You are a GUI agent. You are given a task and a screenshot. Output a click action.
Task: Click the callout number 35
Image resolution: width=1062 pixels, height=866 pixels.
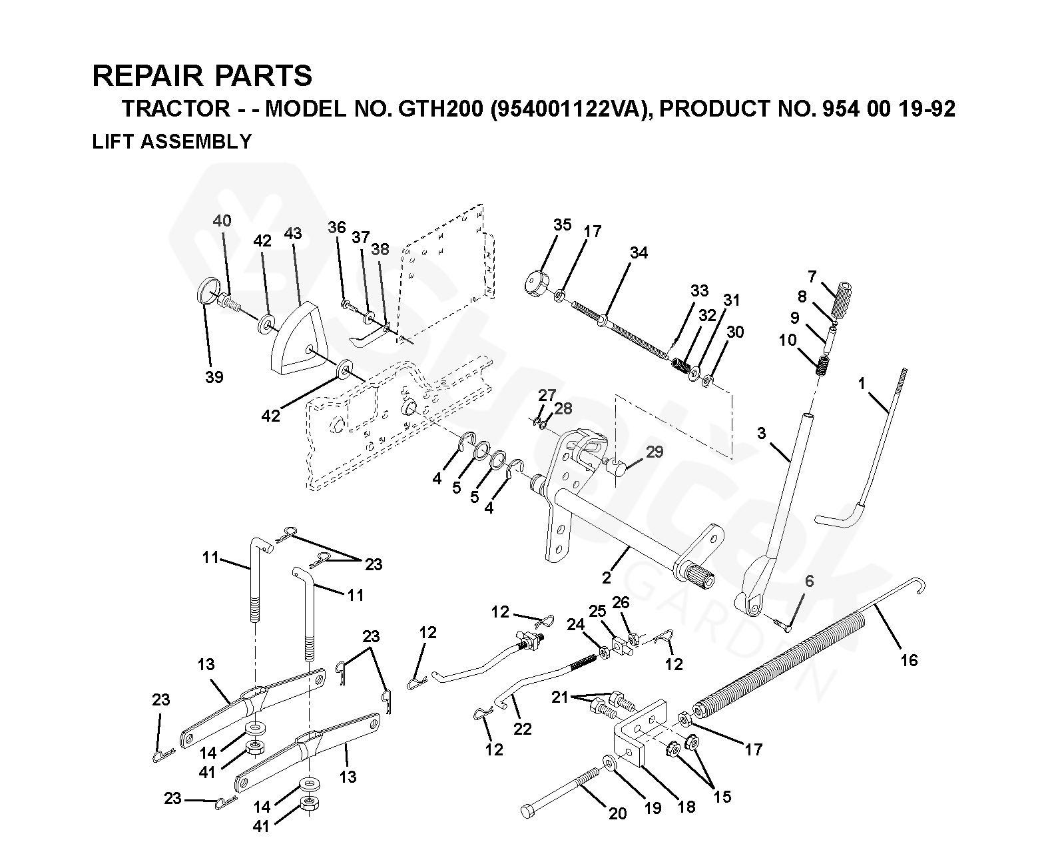coord(562,224)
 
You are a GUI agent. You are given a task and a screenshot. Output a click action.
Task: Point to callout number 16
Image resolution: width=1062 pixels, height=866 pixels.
coord(908,660)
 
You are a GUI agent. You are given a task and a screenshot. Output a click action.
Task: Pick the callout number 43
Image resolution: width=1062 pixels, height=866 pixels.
coord(292,233)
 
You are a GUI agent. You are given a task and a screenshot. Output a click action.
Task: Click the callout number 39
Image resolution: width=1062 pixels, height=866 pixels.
coord(214,377)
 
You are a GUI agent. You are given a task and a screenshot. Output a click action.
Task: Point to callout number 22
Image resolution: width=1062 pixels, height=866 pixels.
coord(523,729)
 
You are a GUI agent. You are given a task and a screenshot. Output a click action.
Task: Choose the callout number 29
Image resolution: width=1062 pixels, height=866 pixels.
coord(655,452)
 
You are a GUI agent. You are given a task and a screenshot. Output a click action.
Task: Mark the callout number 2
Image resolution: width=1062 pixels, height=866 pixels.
coord(606,578)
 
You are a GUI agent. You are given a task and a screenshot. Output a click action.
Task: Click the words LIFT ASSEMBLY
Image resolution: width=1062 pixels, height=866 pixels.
coord(172,142)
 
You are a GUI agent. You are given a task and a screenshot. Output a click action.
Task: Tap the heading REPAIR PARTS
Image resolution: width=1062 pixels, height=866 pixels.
coord(202,76)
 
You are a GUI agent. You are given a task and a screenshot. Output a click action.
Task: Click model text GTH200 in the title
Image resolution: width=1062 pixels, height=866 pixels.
coord(439,109)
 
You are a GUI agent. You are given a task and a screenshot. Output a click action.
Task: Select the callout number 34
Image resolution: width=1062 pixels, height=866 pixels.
coord(639,252)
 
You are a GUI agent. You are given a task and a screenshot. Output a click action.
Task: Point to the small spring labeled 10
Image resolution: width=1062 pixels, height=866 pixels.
coord(824,365)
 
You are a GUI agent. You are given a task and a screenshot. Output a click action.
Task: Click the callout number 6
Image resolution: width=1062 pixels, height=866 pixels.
coord(809,581)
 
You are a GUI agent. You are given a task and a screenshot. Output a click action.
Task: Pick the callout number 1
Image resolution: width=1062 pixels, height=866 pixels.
coord(862,384)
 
